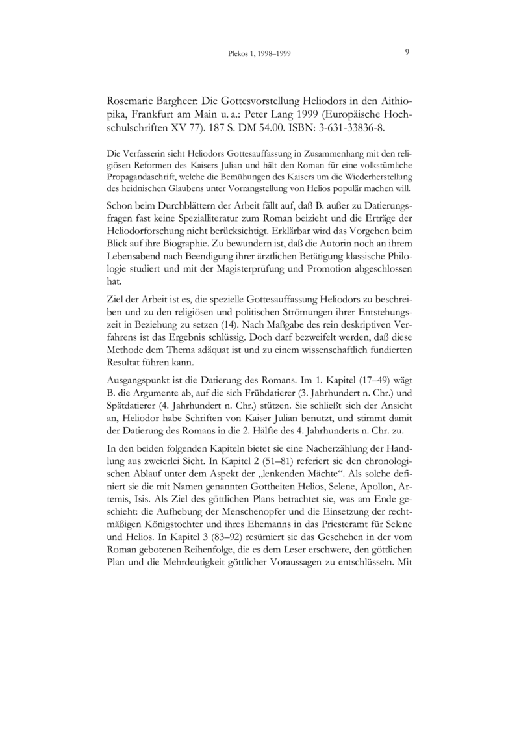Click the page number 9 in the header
point(406,53)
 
